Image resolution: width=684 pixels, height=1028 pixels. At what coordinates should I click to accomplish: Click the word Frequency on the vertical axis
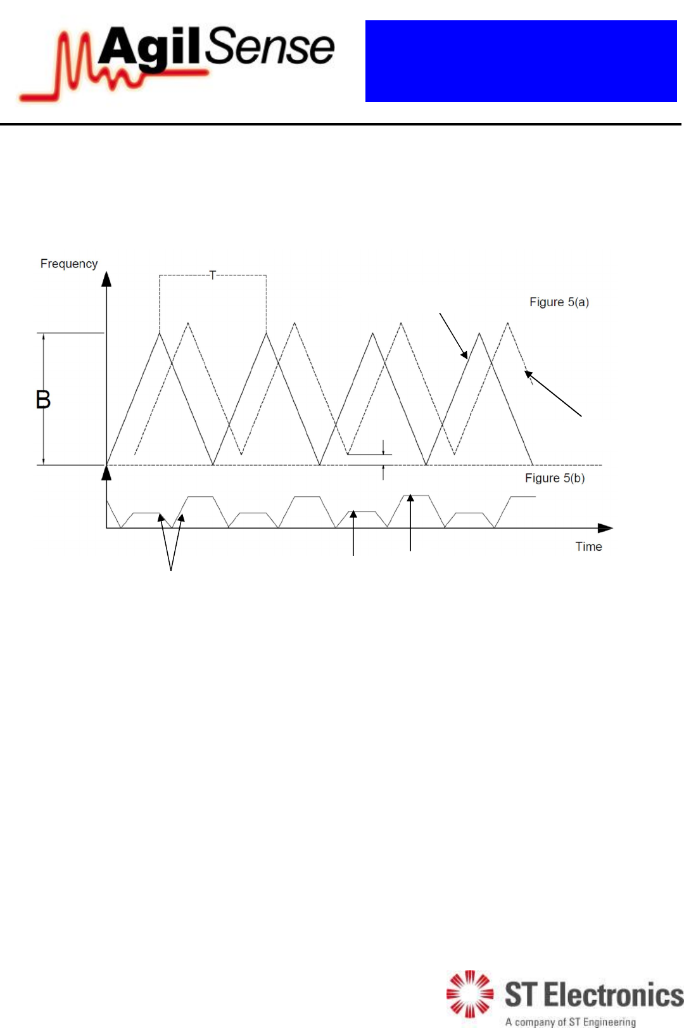tap(69, 264)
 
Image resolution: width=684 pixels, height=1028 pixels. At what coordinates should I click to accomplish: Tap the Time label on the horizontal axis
tap(588, 546)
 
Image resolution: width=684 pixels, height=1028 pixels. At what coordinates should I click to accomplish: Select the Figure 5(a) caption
tap(559, 302)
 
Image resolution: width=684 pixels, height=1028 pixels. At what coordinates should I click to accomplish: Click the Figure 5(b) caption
tap(555, 478)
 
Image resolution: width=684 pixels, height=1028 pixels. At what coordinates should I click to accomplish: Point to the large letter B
tap(43, 400)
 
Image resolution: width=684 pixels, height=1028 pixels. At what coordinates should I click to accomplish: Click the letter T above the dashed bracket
tap(213, 275)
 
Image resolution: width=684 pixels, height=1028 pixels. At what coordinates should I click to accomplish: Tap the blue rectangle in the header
tap(521, 61)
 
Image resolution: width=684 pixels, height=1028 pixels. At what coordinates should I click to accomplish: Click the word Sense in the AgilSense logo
tap(270, 47)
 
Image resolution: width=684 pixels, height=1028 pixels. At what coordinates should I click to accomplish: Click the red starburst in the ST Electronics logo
tap(469, 993)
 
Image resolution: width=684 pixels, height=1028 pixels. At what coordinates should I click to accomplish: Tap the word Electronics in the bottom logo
tap(614, 994)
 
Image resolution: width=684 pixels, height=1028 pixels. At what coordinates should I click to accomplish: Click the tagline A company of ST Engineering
tap(570, 1022)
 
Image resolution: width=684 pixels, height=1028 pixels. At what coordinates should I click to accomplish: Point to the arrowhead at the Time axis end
tap(605, 528)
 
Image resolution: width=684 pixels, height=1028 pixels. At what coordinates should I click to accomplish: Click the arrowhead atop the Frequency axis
tap(106, 279)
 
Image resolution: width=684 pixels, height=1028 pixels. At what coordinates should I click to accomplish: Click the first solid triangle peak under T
tap(160, 333)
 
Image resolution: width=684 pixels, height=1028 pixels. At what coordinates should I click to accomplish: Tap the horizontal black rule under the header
tap(342, 124)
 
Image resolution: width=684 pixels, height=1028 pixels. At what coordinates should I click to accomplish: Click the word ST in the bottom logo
tap(521, 994)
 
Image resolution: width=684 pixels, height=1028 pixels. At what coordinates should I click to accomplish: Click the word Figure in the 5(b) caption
tap(542, 478)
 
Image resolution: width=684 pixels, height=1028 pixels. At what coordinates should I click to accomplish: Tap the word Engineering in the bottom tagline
tap(609, 1022)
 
